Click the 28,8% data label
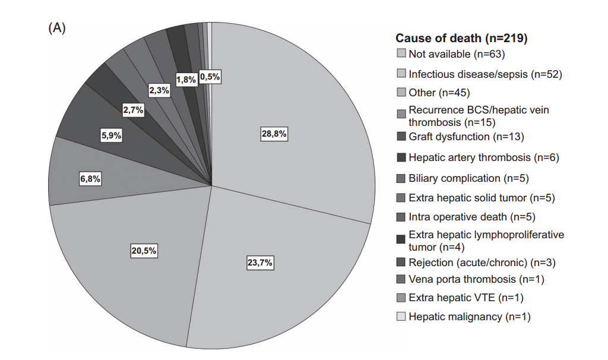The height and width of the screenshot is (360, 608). (x=274, y=134)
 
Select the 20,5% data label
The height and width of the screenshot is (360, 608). (x=144, y=251)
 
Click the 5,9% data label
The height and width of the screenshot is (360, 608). (x=111, y=135)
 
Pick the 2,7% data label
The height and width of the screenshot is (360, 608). (x=133, y=110)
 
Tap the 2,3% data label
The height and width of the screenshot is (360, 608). (x=159, y=90)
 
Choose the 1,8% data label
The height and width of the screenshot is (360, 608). (x=186, y=80)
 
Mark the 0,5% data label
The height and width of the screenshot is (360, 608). (x=210, y=77)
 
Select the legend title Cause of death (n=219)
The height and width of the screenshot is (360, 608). (x=462, y=39)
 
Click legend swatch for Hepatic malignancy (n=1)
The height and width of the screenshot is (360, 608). (x=401, y=317)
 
